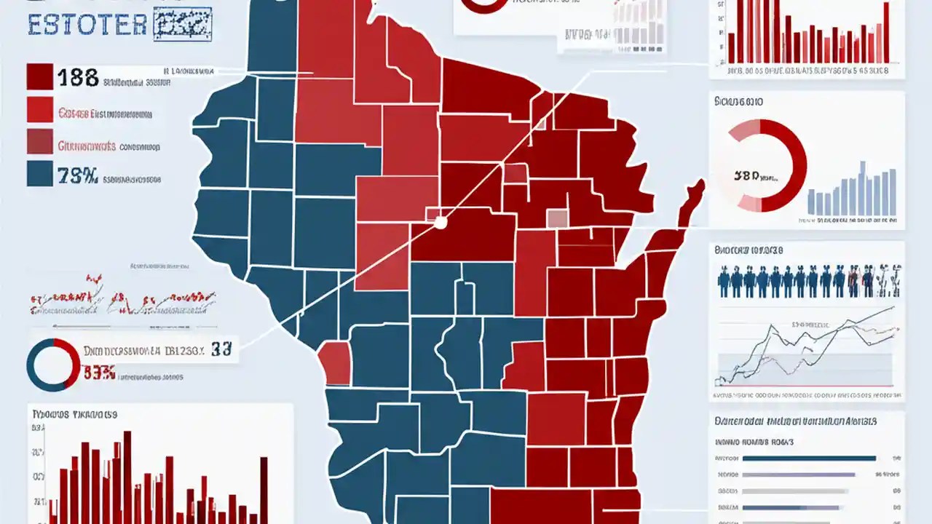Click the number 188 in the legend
pyautogui.click(x=78, y=77)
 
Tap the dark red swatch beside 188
pyautogui.click(x=39, y=76)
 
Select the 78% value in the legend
pyautogui.click(x=78, y=175)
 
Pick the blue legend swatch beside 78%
pyautogui.click(x=39, y=173)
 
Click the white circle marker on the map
pyautogui.click(x=440, y=222)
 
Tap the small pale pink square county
pyautogui.click(x=557, y=218)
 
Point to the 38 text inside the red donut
pyautogui.click(x=750, y=175)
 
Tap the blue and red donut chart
pyautogui.click(x=53, y=365)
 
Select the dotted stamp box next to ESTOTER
pyautogui.click(x=182, y=23)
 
